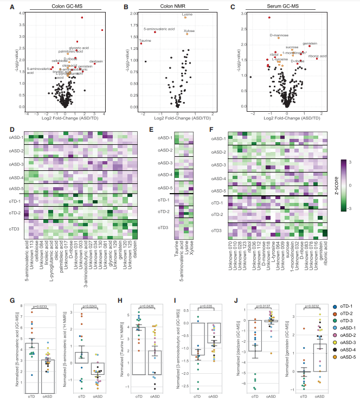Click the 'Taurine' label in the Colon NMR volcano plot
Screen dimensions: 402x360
click(145, 40)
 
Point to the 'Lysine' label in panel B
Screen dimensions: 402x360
click(188, 14)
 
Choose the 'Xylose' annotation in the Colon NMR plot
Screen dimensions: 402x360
click(189, 31)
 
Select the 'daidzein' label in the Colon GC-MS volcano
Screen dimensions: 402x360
click(96, 61)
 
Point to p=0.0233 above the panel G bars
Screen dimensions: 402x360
click(42, 307)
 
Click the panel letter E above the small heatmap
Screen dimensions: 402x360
click(152, 129)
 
